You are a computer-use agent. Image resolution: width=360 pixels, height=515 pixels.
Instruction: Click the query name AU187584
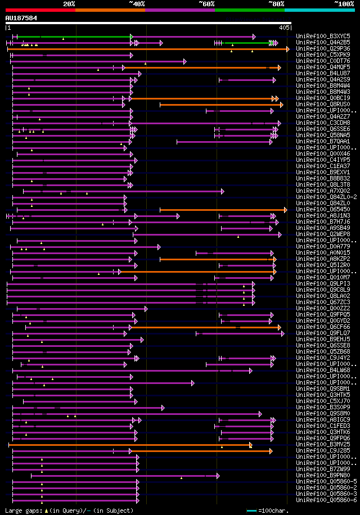tap(21, 18)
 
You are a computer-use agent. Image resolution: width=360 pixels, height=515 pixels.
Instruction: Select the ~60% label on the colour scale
tap(206, 4)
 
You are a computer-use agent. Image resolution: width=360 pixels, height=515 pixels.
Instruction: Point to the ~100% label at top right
tap(344, 4)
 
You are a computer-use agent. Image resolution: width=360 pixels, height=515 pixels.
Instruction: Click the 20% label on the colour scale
tap(69, 4)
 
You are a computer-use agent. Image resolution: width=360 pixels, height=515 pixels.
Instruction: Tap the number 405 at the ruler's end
tap(284, 27)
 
